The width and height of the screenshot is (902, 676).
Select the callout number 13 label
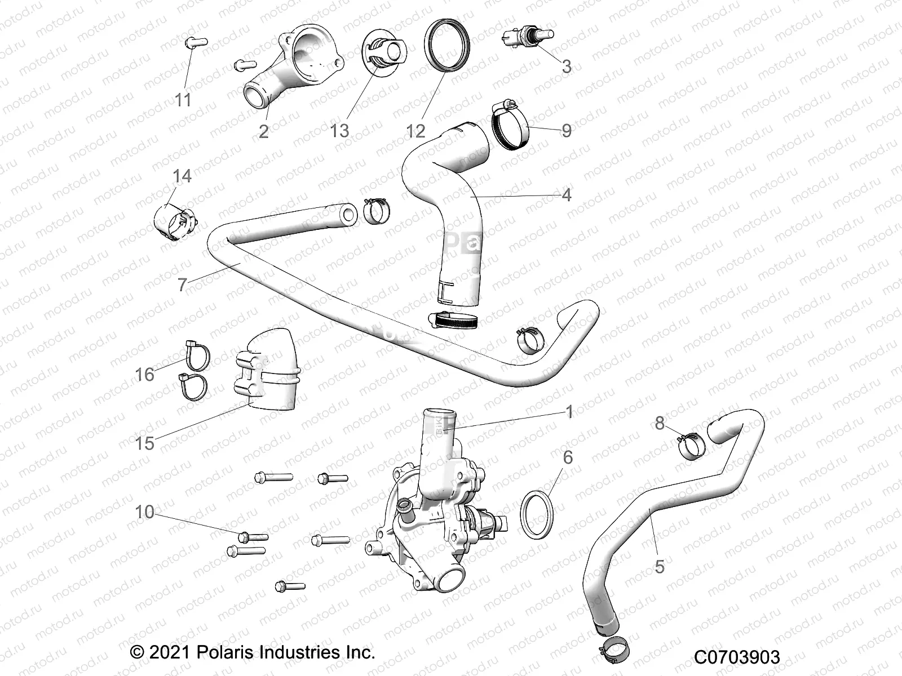coord(339,131)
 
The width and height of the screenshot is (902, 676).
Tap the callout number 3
coord(567,66)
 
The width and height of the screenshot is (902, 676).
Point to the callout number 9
coord(567,131)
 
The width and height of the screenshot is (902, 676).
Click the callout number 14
coord(182,176)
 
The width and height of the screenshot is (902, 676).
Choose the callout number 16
coord(144,374)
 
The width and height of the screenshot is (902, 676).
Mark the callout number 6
coord(568,457)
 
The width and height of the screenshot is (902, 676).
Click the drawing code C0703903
coord(737,657)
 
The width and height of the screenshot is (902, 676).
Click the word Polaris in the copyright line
coord(225,653)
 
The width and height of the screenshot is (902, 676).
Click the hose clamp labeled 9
coord(511,125)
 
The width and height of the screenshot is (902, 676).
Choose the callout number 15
coord(144,443)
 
